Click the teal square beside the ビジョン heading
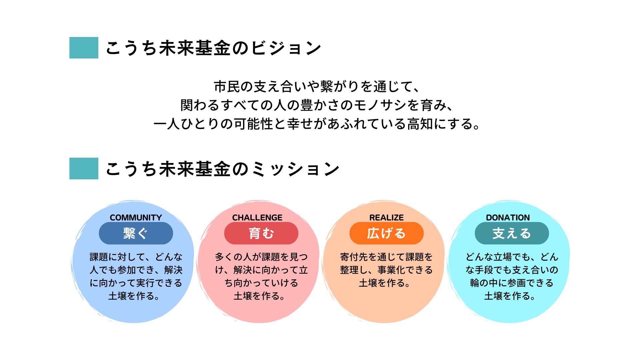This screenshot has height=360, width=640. pos(84,48)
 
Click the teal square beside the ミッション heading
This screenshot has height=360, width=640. pos(84,168)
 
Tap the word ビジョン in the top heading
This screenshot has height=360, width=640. pos(286,48)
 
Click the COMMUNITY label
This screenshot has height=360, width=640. pos(136,218)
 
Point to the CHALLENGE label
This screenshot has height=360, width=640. pos(257,218)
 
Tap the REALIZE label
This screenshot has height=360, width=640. pos(386,218)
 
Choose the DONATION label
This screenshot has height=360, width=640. pos(508,218)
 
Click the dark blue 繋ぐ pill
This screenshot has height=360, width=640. pos(136,233)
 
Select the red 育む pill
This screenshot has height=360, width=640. pos(261,233)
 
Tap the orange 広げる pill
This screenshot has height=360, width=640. pos(387,233)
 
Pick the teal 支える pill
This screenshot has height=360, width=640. pos(512,233)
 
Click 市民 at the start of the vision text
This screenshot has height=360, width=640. pos(227,87)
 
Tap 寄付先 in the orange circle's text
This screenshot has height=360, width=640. pos(354,257)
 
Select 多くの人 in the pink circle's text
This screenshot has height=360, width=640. pos(233,257)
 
